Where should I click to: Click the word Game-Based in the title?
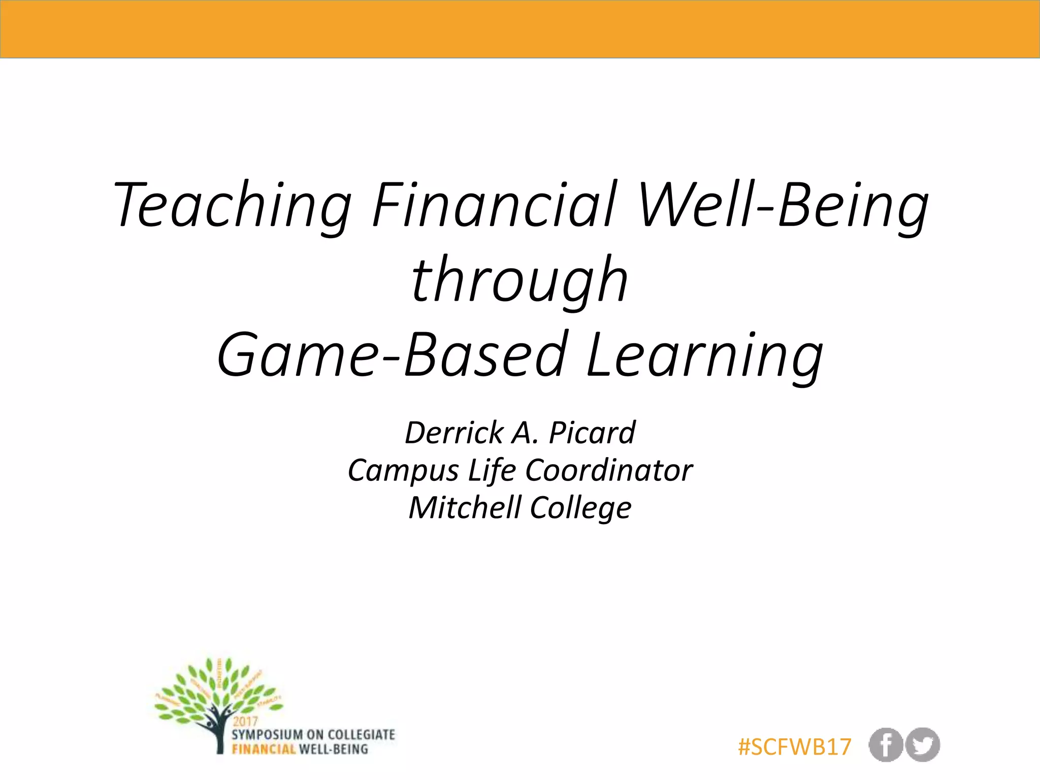[x=392, y=354]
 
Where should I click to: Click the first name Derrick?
[x=453, y=433]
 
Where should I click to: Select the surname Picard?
[x=592, y=433]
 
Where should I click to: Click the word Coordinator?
[x=609, y=470]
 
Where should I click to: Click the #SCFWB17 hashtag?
[x=794, y=747]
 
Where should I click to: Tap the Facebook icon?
[x=885, y=745]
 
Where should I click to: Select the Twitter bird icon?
[x=923, y=745]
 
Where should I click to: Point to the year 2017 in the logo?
[x=246, y=721]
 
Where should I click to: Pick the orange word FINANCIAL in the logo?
[x=264, y=749]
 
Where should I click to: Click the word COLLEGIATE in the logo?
[x=361, y=735]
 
